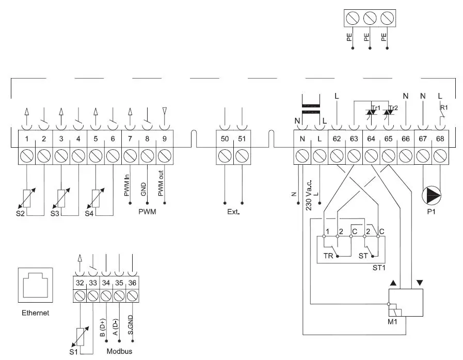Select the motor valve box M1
(x=406, y=303)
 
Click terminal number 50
(x=225, y=138)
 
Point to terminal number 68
(x=440, y=138)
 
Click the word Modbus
(x=120, y=352)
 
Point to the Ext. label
(x=233, y=212)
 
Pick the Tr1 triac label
(x=375, y=108)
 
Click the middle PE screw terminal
(x=369, y=18)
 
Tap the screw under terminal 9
(x=164, y=156)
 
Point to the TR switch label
(x=328, y=255)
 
